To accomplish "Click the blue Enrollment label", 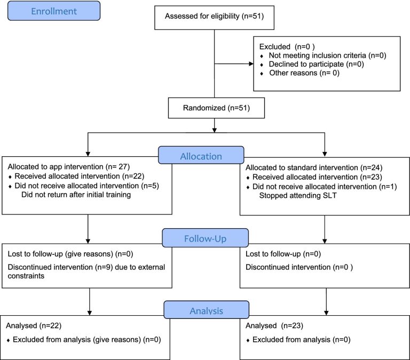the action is coord(54,11).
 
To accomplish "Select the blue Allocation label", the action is coord(201,155).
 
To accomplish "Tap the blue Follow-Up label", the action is coord(205,238).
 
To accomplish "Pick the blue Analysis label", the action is coord(206,310).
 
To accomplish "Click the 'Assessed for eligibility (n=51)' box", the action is coord(215,18).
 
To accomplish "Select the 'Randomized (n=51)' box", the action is coord(216,108).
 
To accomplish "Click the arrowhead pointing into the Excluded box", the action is coord(251,64).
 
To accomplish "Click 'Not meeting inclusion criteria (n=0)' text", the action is coord(328,55).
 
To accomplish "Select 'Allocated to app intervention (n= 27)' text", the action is coord(69,167).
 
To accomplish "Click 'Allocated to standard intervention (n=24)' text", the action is coord(314,167).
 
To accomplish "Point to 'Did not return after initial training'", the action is coord(76,195).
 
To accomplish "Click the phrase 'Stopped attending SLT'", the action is coord(298,195).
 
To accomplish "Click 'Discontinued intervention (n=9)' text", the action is coord(60,267).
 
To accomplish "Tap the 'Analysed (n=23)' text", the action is coord(274,325).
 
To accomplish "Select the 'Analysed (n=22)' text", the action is coord(34,325).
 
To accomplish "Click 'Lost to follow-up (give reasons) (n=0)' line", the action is coord(70,254).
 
